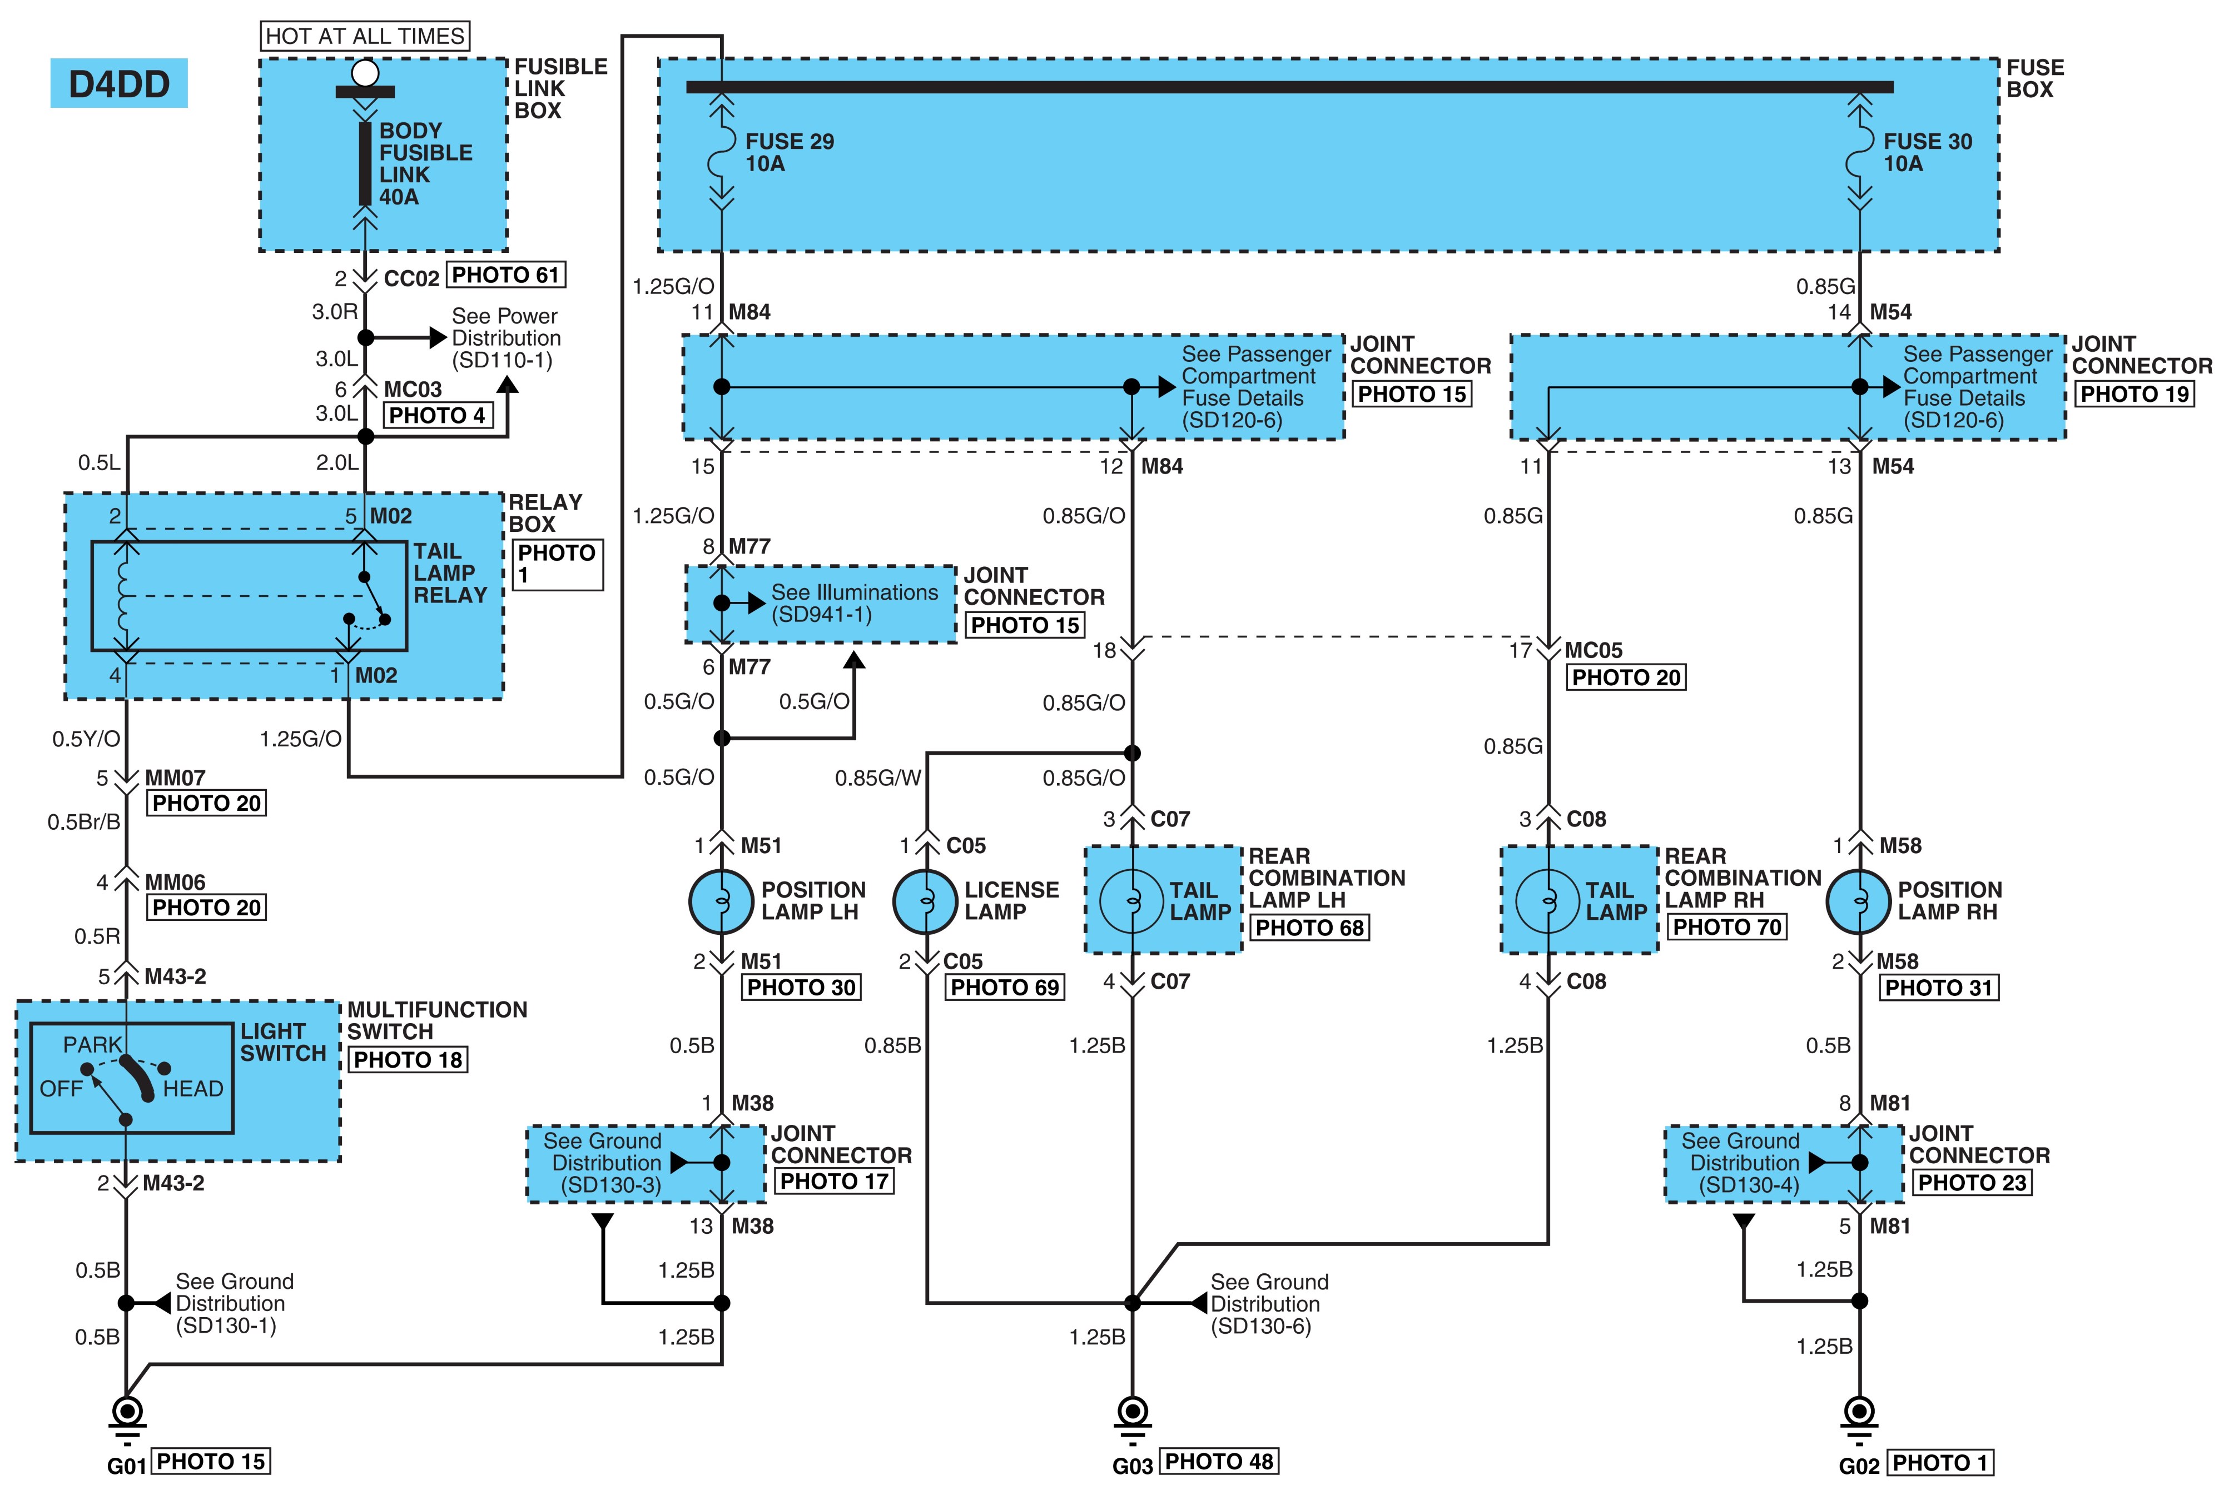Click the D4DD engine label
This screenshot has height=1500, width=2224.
pos(118,84)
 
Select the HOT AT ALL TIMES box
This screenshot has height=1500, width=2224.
pos(365,36)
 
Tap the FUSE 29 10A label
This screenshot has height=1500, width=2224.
pos(790,152)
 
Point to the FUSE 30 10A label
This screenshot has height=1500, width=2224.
pos(1927,152)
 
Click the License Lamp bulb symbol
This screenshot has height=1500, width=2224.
pos(925,901)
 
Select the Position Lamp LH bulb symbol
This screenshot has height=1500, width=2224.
pos(722,901)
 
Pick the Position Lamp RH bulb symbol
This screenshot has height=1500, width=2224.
pos(1859,901)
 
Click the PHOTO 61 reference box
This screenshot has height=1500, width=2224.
pos(505,276)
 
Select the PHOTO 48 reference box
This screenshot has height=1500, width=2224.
pos(1219,1462)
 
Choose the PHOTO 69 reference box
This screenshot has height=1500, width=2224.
pos(1004,987)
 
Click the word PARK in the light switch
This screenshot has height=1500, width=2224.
pos(93,1045)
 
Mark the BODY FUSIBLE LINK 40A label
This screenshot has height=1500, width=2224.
pos(425,163)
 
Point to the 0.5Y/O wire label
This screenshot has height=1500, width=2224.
pos(86,739)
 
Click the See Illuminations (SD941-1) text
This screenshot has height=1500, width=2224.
pos(855,604)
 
